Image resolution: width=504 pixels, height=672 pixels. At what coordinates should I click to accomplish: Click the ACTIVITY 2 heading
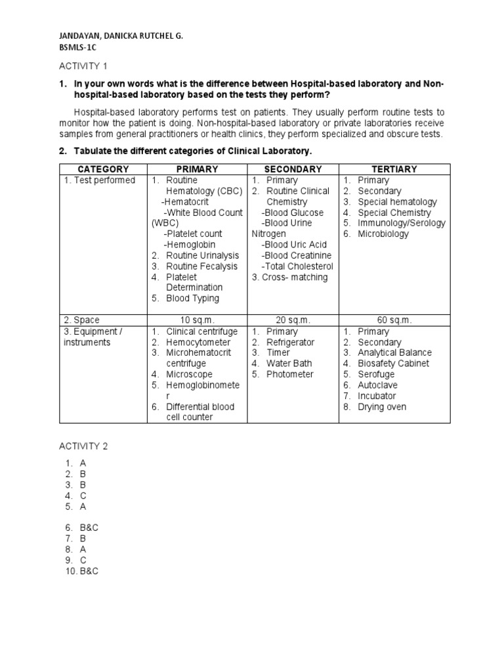pyautogui.click(x=84, y=446)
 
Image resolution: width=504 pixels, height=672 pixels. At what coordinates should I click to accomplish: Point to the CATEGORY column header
pyautogui.click(x=104, y=169)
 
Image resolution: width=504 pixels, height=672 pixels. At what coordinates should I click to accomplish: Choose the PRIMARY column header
pyautogui.click(x=197, y=169)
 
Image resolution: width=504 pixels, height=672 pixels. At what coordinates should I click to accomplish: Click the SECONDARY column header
pyautogui.click(x=293, y=169)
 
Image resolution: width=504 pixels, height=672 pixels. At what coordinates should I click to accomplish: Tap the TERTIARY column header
pyautogui.click(x=394, y=169)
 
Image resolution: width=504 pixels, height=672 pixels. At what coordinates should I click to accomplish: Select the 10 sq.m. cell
pyautogui.click(x=197, y=320)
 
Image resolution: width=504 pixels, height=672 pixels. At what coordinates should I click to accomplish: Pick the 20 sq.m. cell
pyautogui.click(x=293, y=320)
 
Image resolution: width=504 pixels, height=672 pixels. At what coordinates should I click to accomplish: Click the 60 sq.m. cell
pyautogui.click(x=394, y=320)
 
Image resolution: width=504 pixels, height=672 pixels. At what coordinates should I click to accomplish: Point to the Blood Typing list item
pyautogui.click(x=192, y=299)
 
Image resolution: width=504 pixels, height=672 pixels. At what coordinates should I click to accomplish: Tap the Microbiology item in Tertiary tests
pyautogui.click(x=383, y=234)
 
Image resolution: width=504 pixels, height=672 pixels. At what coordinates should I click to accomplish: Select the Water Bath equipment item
pyautogui.click(x=289, y=363)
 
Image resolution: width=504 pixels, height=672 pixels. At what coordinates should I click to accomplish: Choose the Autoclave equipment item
pyautogui.click(x=377, y=385)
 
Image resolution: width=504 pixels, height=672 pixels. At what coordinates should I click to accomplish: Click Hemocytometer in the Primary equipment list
pyautogui.click(x=198, y=342)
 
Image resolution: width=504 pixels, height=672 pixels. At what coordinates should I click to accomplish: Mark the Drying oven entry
pyautogui.click(x=382, y=407)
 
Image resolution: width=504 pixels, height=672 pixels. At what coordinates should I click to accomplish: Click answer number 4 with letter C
pyautogui.click(x=83, y=496)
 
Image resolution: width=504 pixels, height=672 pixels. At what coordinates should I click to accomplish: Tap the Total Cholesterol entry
pyautogui.click(x=297, y=266)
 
